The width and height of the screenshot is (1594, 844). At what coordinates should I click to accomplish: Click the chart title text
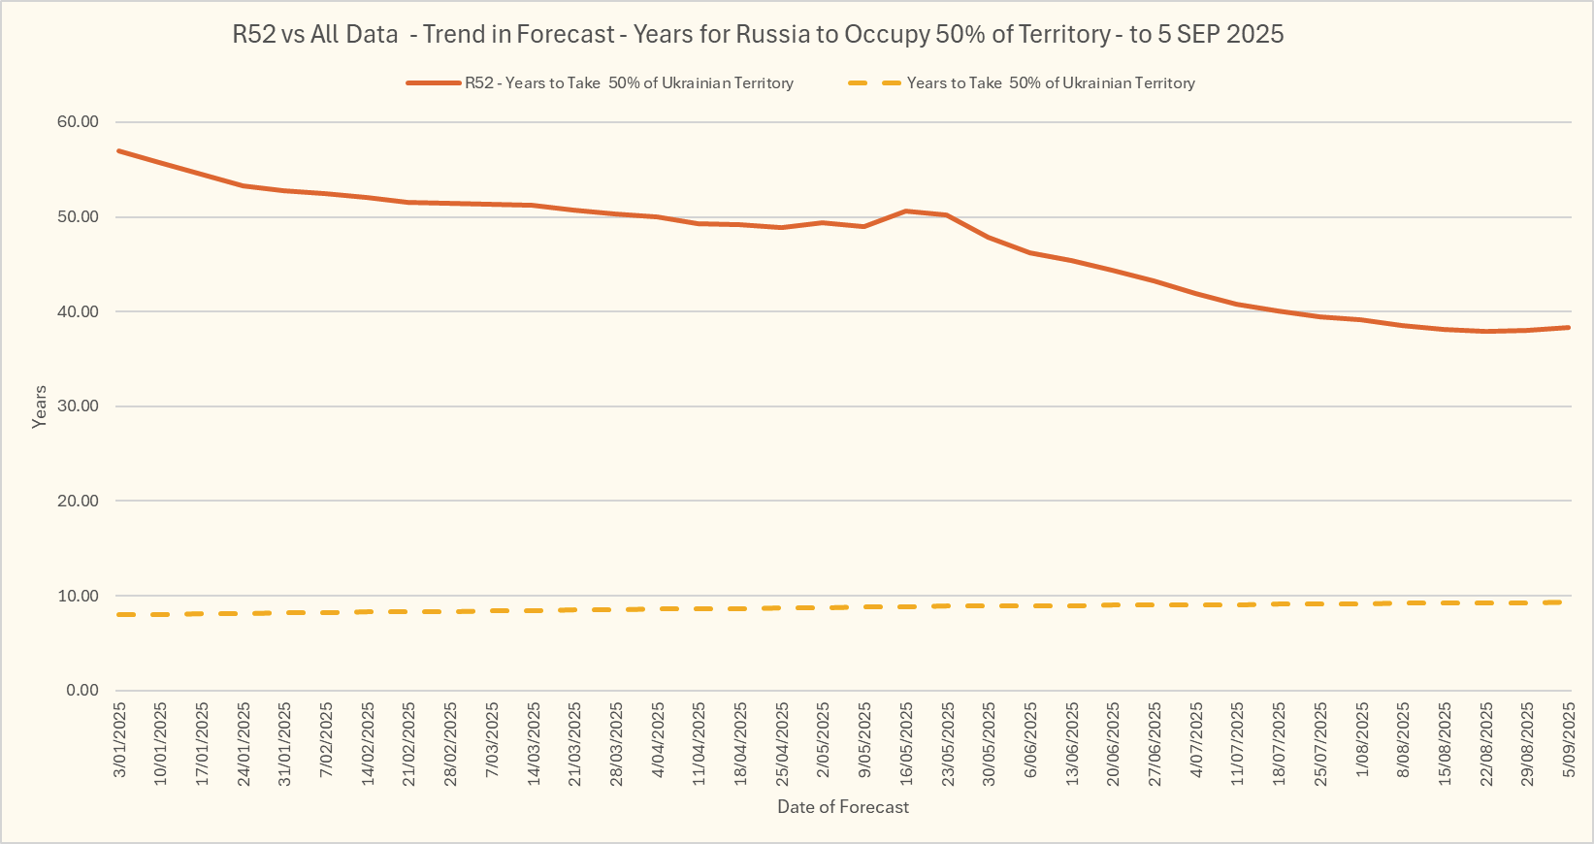758,35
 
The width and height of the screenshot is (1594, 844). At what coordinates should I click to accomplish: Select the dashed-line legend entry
1051,83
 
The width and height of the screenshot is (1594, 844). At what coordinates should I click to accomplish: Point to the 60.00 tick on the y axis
79,122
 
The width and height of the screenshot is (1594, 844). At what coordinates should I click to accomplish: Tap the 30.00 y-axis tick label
79,406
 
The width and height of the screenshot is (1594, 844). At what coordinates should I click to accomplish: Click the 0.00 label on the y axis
82,691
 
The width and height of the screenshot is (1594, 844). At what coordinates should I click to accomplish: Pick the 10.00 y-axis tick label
79,596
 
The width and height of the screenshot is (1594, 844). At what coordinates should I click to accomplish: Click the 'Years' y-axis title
40,406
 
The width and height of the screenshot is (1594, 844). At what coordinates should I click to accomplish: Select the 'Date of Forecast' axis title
843,807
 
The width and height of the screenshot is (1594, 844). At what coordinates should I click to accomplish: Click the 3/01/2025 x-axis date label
120,739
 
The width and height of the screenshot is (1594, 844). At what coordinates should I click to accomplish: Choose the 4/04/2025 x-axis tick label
658,739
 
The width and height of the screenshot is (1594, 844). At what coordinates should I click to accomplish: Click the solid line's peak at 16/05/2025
905,211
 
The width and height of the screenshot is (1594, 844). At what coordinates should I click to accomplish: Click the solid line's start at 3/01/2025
118,150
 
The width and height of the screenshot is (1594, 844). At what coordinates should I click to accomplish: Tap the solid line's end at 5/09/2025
1569,328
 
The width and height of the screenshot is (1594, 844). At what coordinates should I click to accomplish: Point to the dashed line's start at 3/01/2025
119,615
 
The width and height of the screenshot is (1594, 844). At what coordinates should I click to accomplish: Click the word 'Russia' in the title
773,35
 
